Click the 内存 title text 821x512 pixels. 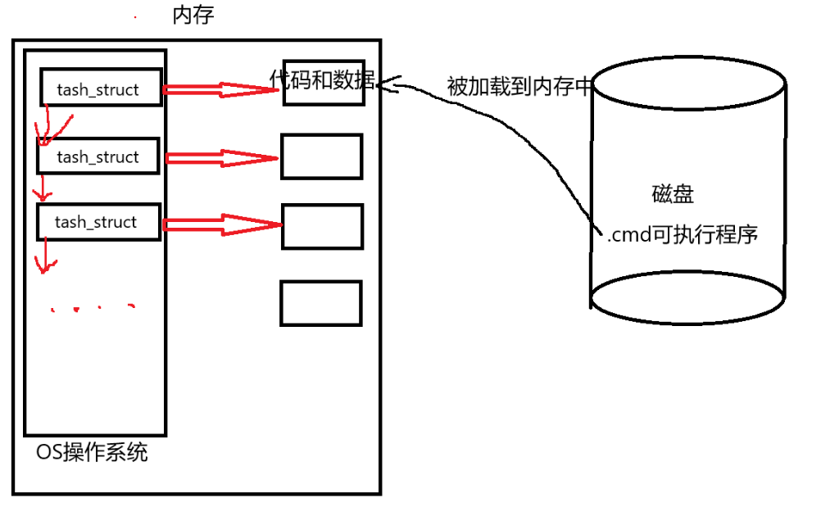coord(193,15)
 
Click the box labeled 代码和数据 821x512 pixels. coord(323,82)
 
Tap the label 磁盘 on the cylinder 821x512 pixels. coord(673,195)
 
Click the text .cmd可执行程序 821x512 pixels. coord(683,235)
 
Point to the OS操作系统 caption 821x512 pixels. coord(93,451)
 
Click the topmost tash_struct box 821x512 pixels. coord(101,88)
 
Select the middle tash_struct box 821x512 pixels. coord(98,156)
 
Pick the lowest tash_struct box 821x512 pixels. coord(98,222)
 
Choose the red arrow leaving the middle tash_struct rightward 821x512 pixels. coord(221,157)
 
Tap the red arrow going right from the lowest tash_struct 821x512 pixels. coord(221,224)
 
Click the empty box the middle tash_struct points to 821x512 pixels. coord(321,156)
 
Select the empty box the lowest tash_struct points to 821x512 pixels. coord(322,226)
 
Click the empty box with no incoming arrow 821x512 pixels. coord(321,303)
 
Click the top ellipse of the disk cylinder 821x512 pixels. coord(688,83)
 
